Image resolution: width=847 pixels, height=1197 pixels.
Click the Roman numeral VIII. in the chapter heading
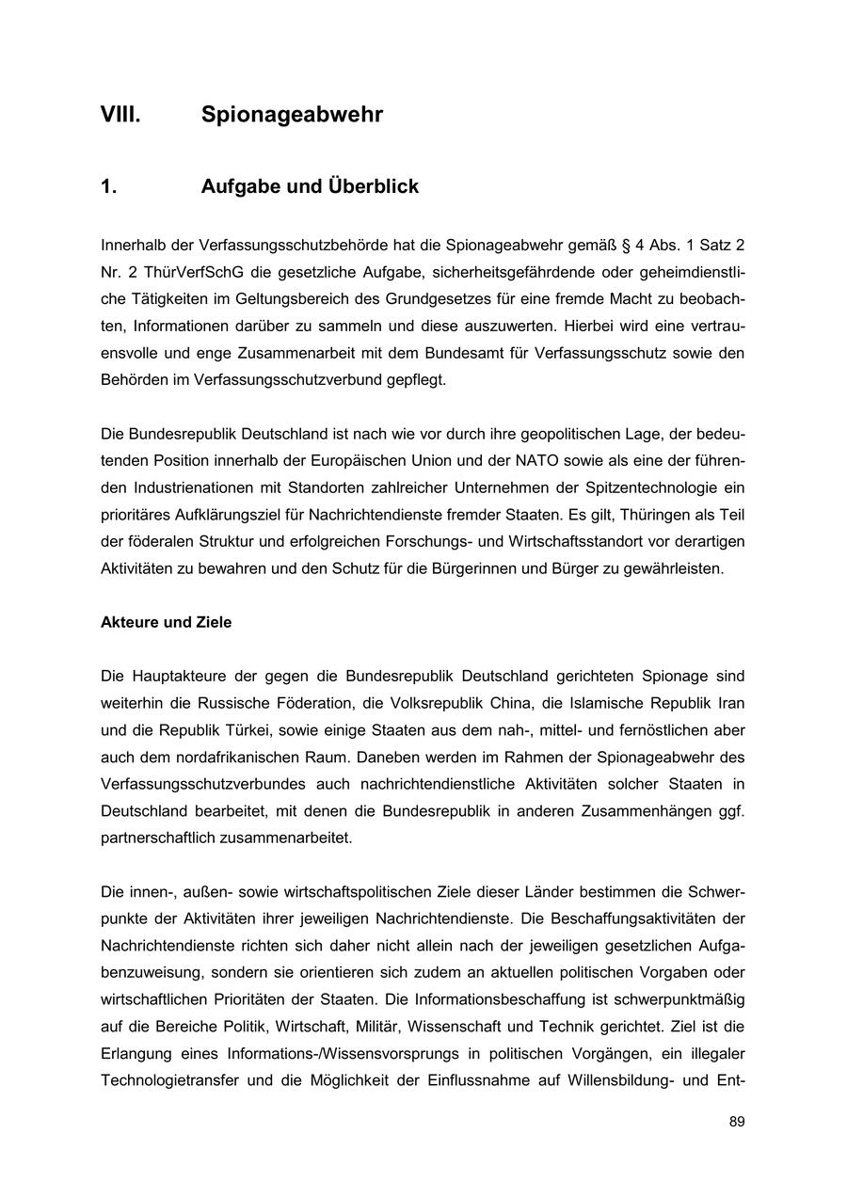(x=120, y=116)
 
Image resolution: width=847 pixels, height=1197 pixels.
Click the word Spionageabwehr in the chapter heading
(x=292, y=116)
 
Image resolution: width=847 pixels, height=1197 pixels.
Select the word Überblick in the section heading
(x=373, y=186)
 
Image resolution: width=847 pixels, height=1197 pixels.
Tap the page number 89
(x=736, y=1122)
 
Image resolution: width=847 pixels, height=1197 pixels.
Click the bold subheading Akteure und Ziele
(x=166, y=623)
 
